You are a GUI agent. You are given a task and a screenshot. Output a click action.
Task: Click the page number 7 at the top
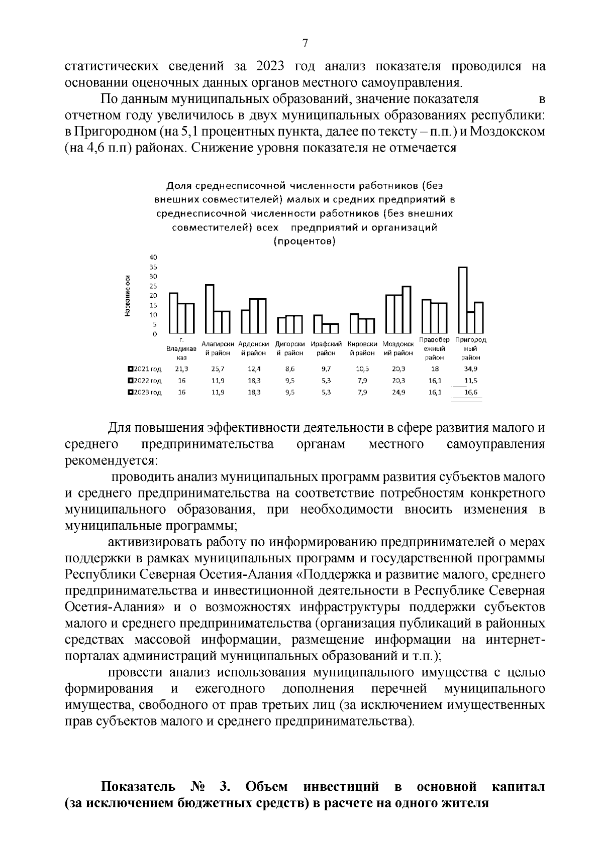(305, 44)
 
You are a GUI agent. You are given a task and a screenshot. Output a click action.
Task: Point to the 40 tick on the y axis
(153, 258)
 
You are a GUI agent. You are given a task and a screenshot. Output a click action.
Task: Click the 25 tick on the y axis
(153, 286)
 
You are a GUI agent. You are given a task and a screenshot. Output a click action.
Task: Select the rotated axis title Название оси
(128, 296)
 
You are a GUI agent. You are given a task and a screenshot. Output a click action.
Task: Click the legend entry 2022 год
(146, 381)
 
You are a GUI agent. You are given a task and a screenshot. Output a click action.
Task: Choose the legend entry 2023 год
(146, 393)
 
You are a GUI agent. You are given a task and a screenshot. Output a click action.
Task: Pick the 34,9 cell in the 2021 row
(471, 369)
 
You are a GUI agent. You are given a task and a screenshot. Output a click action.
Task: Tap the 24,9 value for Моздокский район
(398, 393)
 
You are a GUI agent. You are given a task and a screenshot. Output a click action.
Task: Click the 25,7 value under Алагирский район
(218, 369)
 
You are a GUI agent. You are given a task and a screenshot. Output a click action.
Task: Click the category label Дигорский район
(290, 348)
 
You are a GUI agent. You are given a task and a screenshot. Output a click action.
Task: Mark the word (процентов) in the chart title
(305, 241)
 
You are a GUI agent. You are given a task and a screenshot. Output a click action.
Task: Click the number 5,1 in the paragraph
(188, 132)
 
